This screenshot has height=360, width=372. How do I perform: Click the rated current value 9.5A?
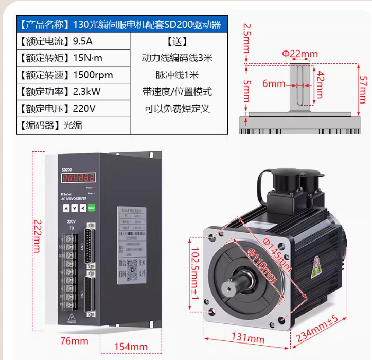(x=83, y=41)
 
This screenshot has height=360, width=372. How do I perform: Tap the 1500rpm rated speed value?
(x=93, y=75)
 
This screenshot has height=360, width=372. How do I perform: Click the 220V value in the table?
(x=84, y=109)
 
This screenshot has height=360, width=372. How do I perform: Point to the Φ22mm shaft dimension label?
(x=300, y=54)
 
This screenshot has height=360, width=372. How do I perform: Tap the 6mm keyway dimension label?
(x=274, y=84)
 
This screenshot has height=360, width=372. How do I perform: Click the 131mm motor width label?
(x=248, y=339)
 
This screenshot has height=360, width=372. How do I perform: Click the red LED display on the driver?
(x=78, y=178)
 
